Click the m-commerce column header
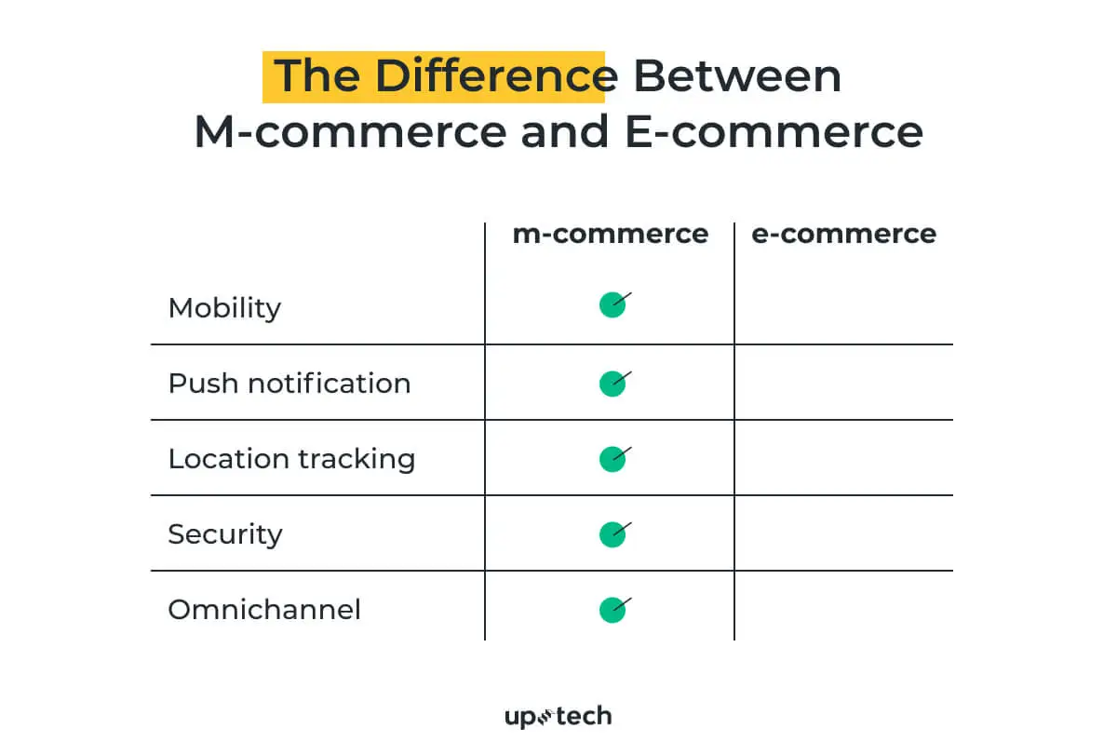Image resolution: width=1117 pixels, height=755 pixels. click(611, 234)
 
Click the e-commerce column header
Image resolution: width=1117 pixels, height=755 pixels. click(843, 234)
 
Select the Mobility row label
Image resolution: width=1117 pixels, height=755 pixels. click(224, 309)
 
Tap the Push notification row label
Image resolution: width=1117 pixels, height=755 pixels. click(289, 384)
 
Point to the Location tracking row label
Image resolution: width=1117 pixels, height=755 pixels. click(291, 459)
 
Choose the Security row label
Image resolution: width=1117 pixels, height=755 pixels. click(225, 534)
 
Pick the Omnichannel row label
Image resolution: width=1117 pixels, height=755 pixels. click(264, 610)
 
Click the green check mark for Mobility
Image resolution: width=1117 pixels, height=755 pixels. click(613, 304)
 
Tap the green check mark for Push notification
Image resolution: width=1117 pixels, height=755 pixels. click(613, 384)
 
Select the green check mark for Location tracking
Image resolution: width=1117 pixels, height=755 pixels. click(613, 459)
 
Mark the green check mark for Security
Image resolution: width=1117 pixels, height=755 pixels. click(613, 534)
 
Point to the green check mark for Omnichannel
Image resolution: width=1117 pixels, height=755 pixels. click(613, 610)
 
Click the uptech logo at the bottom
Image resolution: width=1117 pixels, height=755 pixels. click(558, 717)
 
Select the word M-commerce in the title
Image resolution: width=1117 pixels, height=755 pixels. click(351, 131)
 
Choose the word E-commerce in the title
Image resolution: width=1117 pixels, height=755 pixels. click(774, 131)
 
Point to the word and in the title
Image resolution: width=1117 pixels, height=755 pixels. click(565, 131)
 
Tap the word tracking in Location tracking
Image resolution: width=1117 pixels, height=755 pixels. click(357, 459)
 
